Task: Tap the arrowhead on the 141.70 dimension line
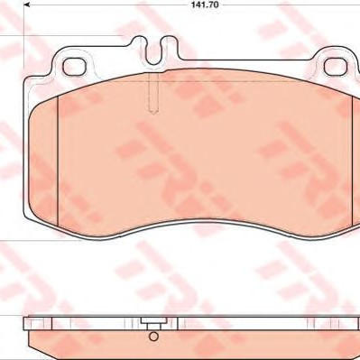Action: [x=27, y=5]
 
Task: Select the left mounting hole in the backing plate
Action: [x=74, y=67]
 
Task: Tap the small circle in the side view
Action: [x=153, y=336]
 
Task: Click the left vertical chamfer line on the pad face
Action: [x=57, y=161]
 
